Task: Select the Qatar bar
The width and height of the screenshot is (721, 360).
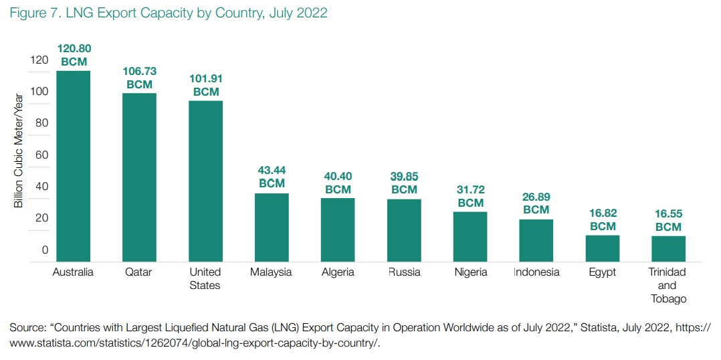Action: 139,177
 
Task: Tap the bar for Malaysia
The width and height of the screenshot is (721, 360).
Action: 272,228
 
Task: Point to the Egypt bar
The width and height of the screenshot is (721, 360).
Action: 603,248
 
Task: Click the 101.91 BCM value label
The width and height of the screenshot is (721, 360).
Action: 205,85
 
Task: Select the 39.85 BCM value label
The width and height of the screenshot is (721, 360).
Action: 404,183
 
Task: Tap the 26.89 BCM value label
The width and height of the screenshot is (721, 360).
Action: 536,203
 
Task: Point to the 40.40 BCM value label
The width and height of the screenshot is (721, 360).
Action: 338,183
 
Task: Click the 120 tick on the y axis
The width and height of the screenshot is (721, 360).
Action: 39,60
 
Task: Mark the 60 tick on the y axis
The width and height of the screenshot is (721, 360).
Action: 42,155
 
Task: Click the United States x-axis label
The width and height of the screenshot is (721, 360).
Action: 205,278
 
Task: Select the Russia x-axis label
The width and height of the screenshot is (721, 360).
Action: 404,272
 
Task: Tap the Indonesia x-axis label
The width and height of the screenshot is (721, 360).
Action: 536,272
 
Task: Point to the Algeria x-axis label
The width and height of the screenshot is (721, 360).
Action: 338,272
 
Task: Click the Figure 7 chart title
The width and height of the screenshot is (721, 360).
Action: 168,12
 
